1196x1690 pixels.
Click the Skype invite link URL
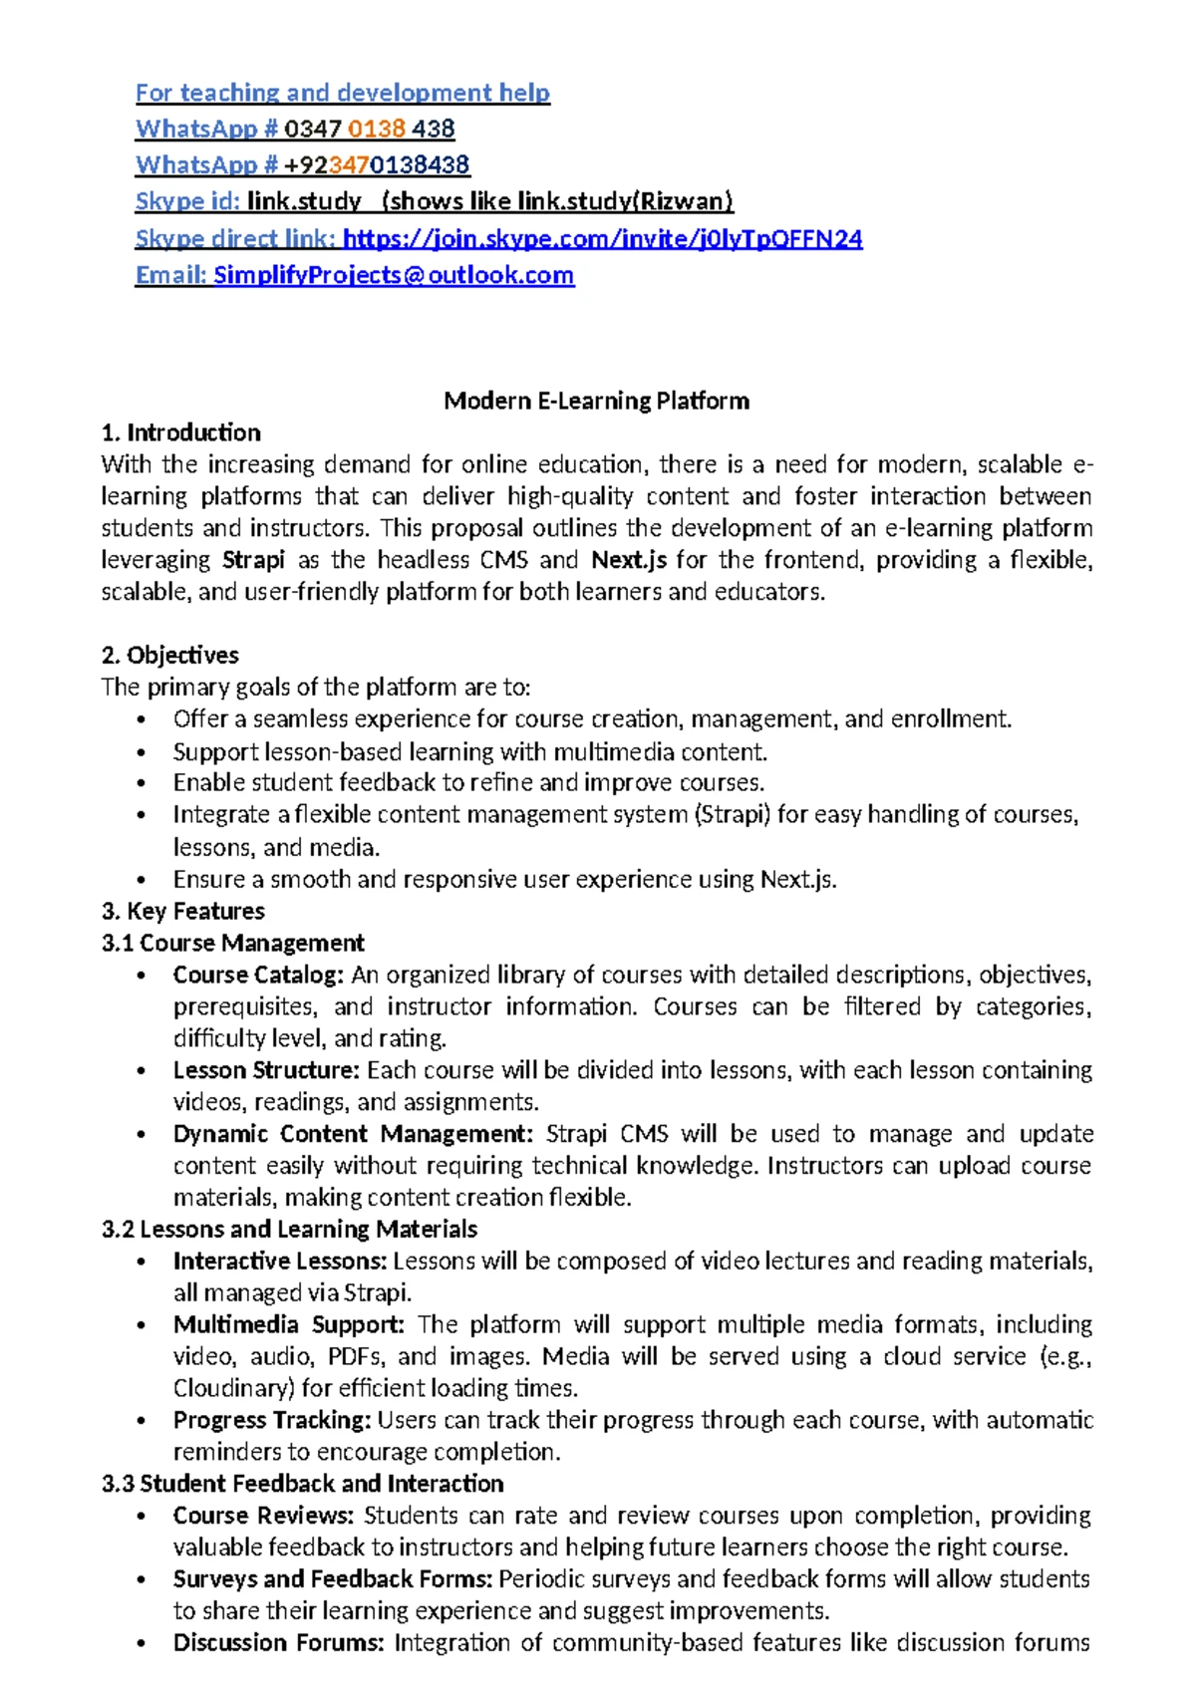(x=602, y=239)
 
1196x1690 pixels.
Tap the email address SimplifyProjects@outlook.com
(x=394, y=275)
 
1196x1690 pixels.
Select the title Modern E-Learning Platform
(x=596, y=401)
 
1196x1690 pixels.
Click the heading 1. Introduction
(x=180, y=432)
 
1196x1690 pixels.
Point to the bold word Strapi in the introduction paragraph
(x=253, y=560)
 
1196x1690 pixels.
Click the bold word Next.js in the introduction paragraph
(x=628, y=560)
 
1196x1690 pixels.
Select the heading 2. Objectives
(x=169, y=655)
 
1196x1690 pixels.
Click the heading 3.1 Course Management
(x=232, y=943)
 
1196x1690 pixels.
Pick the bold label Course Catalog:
(x=258, y=975)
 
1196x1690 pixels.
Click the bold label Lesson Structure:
(x=265, y=1070)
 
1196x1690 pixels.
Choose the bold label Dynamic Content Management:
(x=353, y=1134)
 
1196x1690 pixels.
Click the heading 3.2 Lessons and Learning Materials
(x=289, y=1229)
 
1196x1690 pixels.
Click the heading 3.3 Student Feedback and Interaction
(x=302, y=1484)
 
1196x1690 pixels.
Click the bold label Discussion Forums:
(x=278, y=1643)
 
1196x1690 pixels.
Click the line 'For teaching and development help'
(x=342, y=93)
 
